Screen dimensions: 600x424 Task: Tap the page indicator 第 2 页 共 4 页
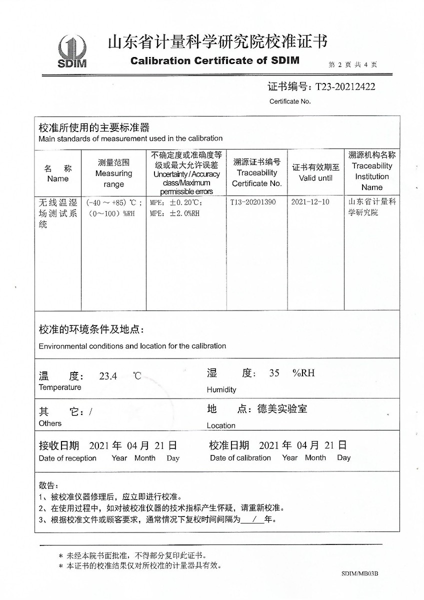pyautogui.click(x=352, y=64)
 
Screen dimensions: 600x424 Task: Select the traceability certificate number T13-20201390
pyautogui.click(x=252, y=202)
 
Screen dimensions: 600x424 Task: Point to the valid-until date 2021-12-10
pyautogui.click(x=310, y=202)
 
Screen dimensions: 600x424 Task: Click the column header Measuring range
pyautogui.click(x=113, y=173)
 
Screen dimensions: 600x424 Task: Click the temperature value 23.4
pyautogui.click(x=108, y=376)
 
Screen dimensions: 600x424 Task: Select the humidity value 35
pyautogui.click(x=274, y=373)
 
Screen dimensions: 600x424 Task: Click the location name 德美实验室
pyautogui.click(x=282, y=409)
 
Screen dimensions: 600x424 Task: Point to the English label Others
pyautogui.click(x=50, y=423)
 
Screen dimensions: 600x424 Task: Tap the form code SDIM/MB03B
pyautogui.click(x=360, y=574)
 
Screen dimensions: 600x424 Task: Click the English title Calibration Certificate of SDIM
pyautogui.click(x=214, y=61)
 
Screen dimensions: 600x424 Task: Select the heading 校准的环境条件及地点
pyautogui.click(x=91, y=330)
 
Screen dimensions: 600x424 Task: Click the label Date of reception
pyautogui.click(x=67, y=458)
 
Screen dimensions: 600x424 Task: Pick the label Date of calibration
pyautogui.click(x=240, y=458)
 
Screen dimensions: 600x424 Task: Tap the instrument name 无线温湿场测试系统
pyautogui.click(x=57, y=213)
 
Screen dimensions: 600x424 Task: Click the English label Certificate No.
pyautogui.click(x=290, y=101)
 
